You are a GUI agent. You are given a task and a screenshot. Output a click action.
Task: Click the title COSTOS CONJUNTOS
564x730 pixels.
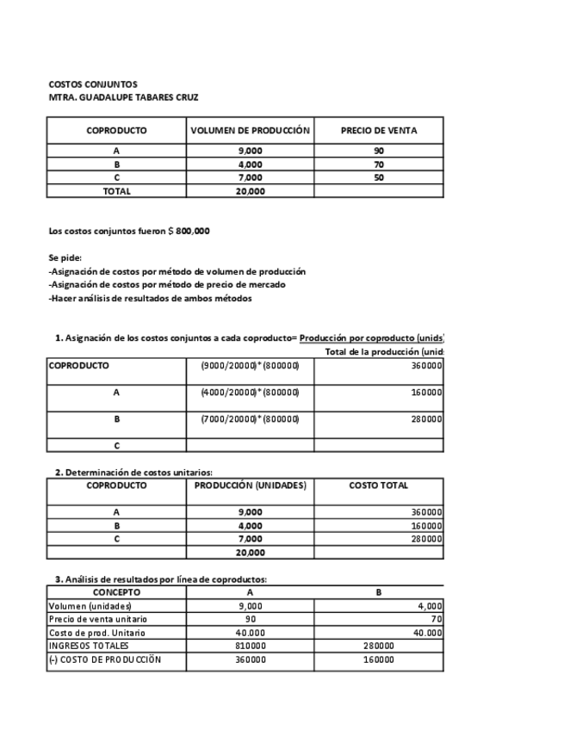click(92, 84)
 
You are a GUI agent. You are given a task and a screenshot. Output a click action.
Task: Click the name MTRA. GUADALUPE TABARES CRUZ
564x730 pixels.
click(123, 97)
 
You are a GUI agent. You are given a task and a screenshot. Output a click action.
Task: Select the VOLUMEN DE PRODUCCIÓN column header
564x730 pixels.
click(250, 131)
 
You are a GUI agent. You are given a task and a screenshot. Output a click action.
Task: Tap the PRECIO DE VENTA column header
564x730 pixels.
click(379, 131)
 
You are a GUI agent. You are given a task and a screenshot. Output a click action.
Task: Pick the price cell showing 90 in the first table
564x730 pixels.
click(379, 151)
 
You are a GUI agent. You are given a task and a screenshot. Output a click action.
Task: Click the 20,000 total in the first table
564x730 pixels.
click(250, 191)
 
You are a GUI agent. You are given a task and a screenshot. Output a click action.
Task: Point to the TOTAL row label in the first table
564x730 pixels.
click(116, 191)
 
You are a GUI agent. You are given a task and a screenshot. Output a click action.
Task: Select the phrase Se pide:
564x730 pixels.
click(65, 257)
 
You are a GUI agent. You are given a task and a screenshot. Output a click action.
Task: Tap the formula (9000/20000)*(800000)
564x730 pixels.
click(250, 365)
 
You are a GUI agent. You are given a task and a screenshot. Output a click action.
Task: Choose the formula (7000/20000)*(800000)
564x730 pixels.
click(250, 419)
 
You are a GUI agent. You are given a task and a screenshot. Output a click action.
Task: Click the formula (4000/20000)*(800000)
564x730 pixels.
click(250, 392)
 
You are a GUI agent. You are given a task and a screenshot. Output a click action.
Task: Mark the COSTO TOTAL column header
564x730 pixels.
click(379, 486)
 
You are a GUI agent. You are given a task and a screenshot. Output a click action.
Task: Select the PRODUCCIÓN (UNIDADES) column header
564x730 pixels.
click(250, 486)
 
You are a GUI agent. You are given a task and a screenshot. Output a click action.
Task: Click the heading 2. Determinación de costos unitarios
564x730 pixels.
click(133, 472)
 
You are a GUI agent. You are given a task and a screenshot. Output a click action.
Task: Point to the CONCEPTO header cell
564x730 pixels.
click(116, 592)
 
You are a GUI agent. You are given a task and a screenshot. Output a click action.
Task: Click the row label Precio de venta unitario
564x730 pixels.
click(97, 619)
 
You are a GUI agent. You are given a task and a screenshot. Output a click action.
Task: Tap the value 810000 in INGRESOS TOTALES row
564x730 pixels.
click(250, 646)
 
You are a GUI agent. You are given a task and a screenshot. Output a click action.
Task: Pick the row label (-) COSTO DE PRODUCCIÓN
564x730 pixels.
click(104, 659)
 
